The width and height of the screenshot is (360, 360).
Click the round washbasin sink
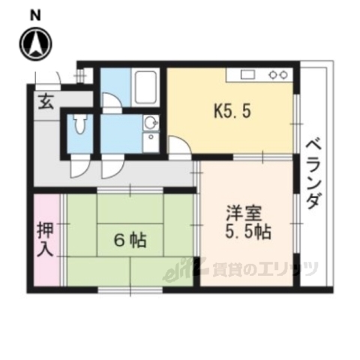pyautogui.click(x=150, y=123)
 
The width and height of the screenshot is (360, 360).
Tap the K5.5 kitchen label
pyautogui.click(x=228, y=113)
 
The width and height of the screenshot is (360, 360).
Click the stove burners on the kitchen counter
pyautogui.click(x=277, y=75)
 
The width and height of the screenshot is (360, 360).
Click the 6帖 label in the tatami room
pyautogui.click(x=130, y=241)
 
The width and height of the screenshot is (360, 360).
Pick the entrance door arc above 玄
pyautogui.click(x=47, y=77)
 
